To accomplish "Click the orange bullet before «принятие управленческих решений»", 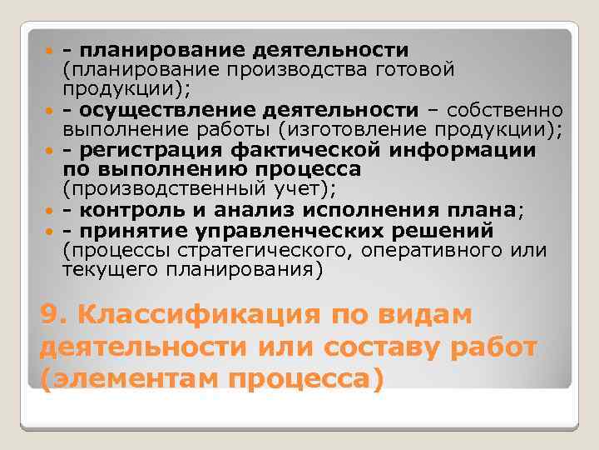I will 52,232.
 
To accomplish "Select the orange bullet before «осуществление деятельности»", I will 52,112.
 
